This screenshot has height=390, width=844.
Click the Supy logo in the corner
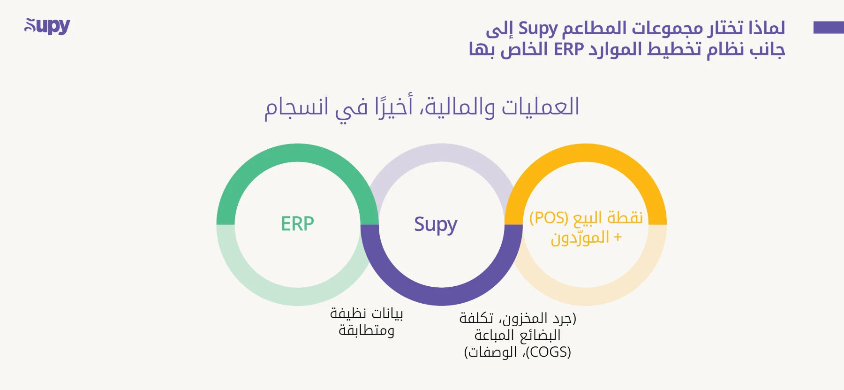click(47, 26)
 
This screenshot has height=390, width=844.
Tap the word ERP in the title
click(569, 49)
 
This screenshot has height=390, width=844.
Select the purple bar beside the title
click(828, 27)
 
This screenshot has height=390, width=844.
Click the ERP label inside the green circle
click(297, 224)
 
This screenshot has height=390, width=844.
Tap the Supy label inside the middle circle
click(435, 225)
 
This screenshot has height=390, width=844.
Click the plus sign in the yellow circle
click(618, 237)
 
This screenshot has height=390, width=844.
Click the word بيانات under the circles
click(386, 314)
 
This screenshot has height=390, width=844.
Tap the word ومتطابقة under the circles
click(366, 330)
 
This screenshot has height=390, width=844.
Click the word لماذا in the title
click(767, 28)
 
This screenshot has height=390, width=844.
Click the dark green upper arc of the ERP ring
click(297, 153)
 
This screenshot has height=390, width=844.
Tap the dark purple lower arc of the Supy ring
click(441, 296)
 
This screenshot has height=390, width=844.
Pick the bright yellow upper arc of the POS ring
click(586, 153)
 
